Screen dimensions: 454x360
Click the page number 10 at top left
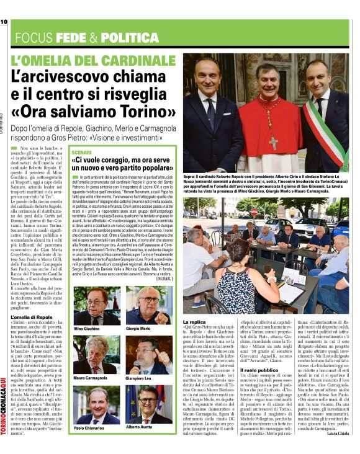(x=4, y=22)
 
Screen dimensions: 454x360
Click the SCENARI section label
(x=81, y=152)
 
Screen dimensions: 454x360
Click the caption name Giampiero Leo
(x=142, y=377)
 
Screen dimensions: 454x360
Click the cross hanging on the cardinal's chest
(x=273, y=142)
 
